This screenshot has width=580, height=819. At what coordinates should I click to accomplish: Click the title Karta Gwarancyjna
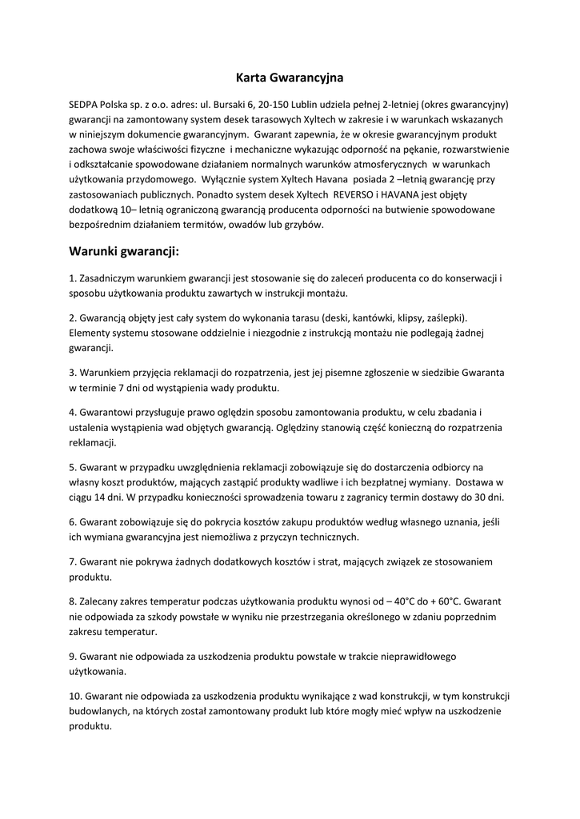[290, 78]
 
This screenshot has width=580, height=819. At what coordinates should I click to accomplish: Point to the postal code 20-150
[277, 105]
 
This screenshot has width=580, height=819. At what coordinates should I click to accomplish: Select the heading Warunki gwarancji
[124, 252]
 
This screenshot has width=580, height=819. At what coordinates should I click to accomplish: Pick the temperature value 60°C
[446, 600]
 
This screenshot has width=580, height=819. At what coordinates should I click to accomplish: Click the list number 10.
[76, 696]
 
